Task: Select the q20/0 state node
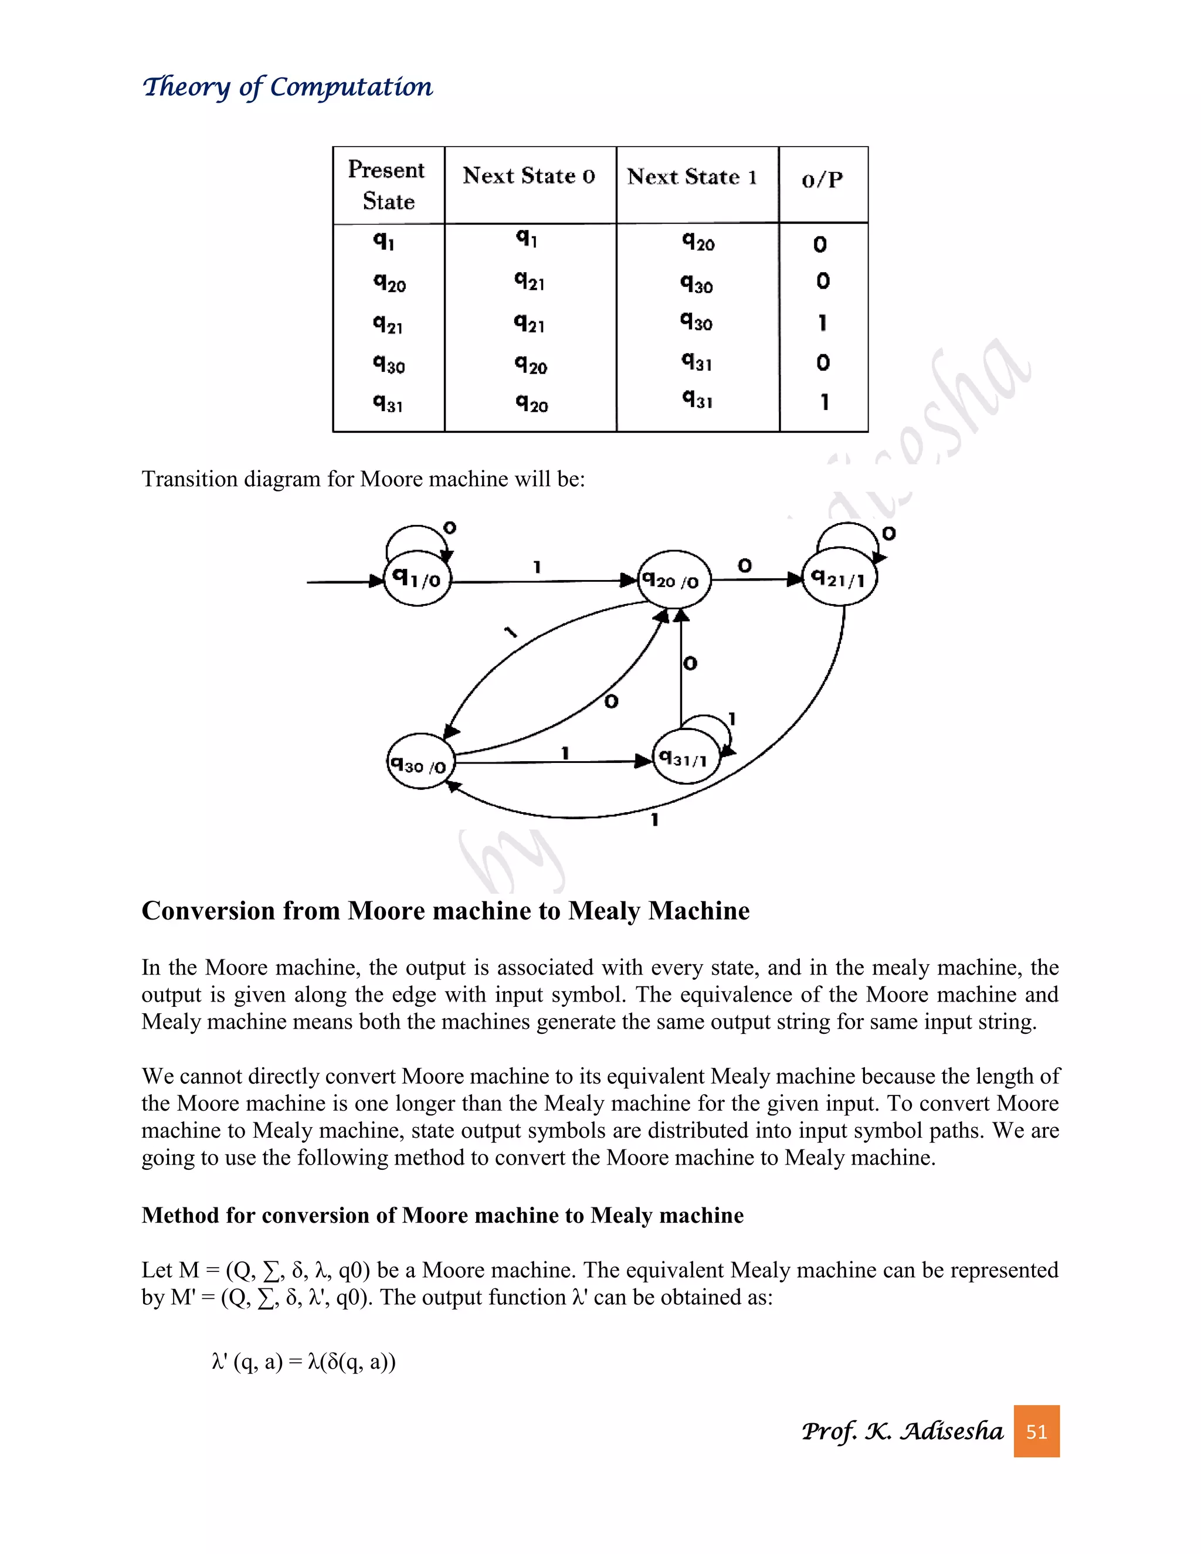coord(673,580)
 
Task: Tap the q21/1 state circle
coord(840,578)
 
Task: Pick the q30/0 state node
coord(420,763)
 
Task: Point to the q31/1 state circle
coord(684,758)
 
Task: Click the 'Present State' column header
coord(388,185)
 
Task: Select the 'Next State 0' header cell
coord(530,176)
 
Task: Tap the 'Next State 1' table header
coord(693,177)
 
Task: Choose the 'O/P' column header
coord(823,179)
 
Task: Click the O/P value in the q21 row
coord(823,323)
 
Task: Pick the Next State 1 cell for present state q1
coord(698,242)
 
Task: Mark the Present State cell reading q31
coord(388,403)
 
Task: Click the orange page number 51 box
coord(1037,1431)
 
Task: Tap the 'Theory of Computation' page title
coord(287,87)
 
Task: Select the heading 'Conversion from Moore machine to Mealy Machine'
coord(446,911)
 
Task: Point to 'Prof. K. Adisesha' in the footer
coord(901,1431)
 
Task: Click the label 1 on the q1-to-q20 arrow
coord(537,567)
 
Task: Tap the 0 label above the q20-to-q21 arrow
coord(744,566)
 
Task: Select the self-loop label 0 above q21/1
coord(888,533)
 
